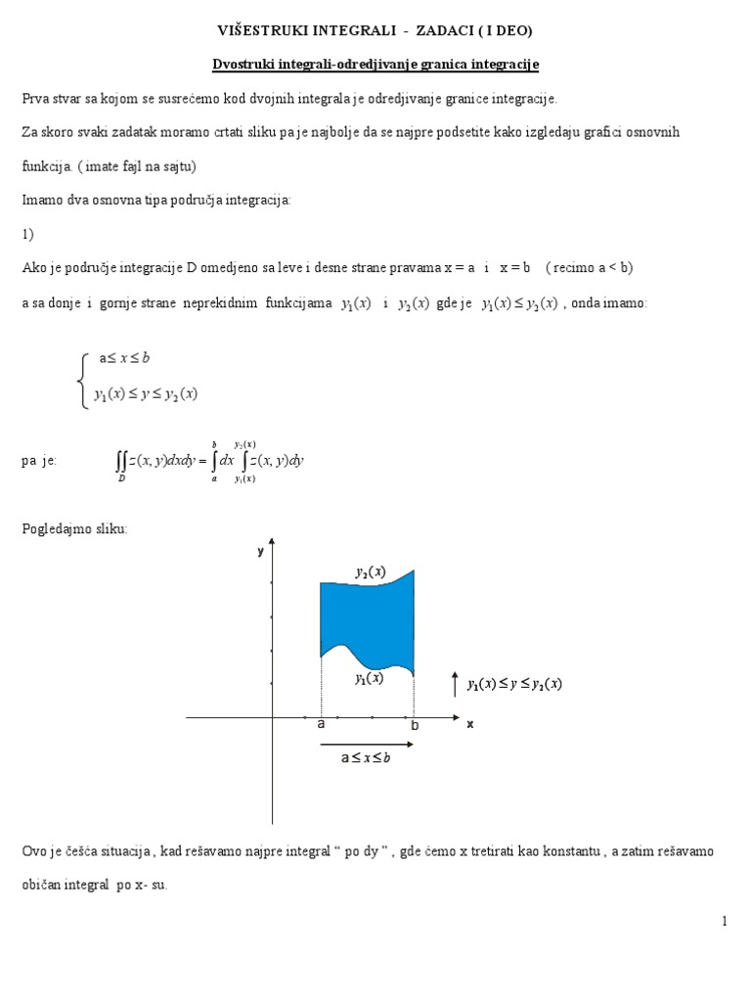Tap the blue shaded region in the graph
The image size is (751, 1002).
[367, 616]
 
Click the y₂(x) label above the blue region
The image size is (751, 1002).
[370, 571]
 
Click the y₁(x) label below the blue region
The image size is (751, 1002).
[368, 677]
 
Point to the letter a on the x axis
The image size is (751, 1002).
[321, 725]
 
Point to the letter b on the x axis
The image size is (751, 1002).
[414, 726]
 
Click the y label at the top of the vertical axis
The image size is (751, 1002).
[261, 551]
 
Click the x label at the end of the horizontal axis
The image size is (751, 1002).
[469, 724]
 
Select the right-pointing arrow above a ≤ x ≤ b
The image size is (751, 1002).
[366, 745]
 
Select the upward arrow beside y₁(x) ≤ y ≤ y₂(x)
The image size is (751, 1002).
[455, 683]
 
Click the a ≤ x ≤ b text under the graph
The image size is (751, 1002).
[365, 758]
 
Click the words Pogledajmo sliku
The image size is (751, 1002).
[74, 528]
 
